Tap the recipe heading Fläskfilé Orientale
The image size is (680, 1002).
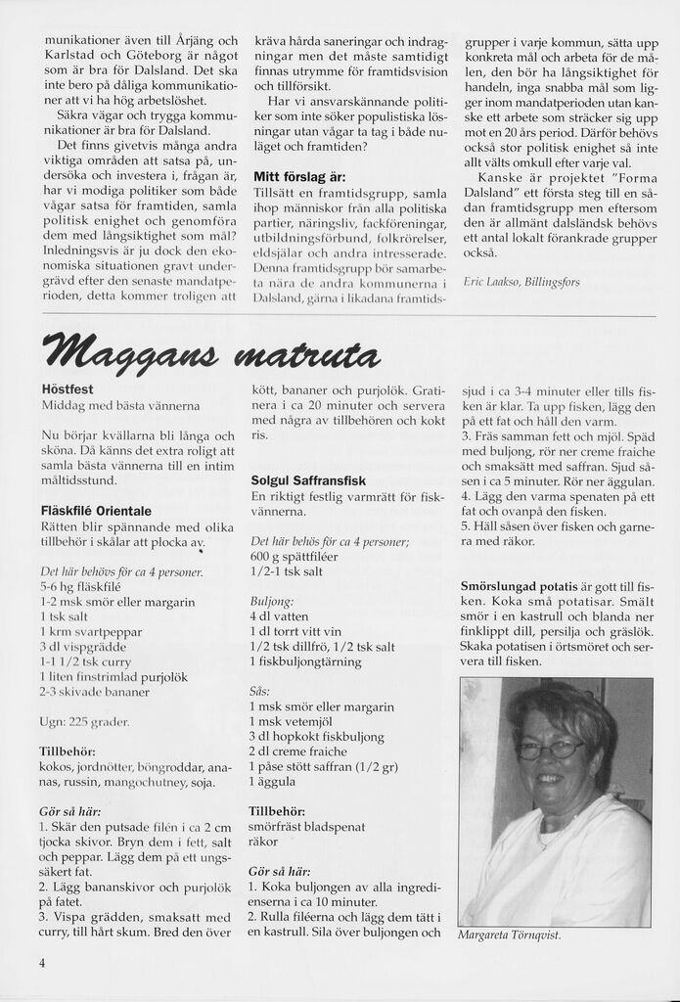[x=96, y=510]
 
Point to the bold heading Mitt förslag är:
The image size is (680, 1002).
[x=299, y=177]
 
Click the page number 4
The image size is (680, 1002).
[x=43, y=962]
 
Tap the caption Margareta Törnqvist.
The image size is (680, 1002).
[x=510, y=934]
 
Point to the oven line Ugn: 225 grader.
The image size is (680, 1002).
[x=85, y=721]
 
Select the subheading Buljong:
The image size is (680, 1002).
[x=271, y=599]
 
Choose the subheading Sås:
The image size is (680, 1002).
[x=259, y=690]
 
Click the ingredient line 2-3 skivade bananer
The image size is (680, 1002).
[x=95, y=692]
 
